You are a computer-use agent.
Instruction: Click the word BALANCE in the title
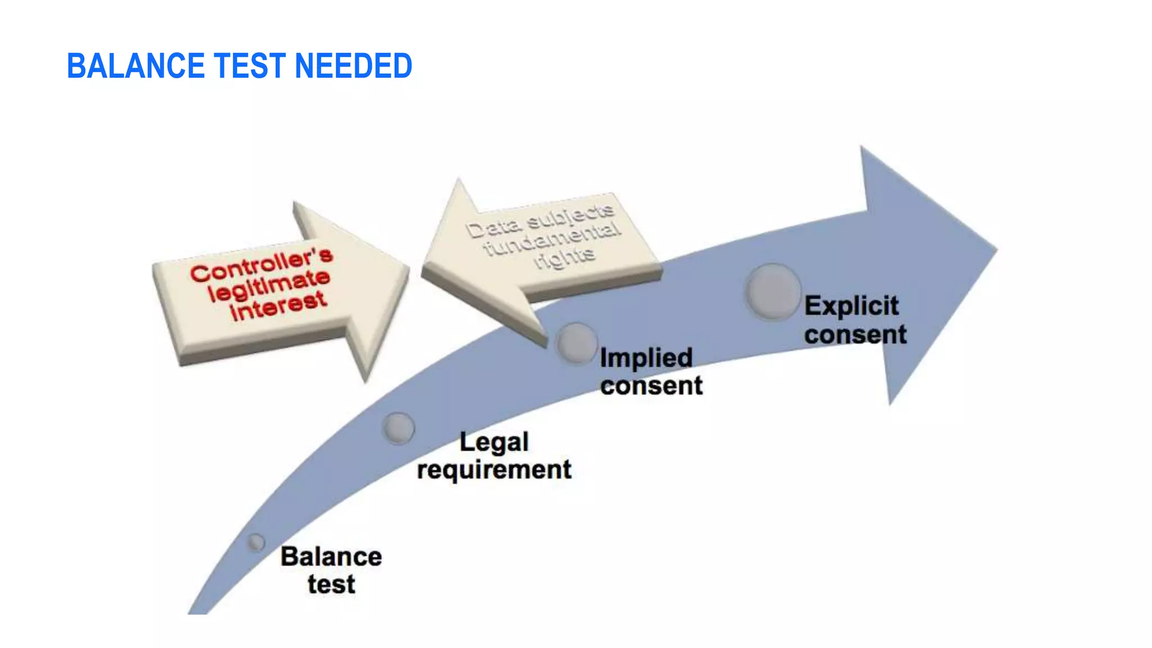[x=136, y=66]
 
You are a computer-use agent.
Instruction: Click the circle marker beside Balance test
[x=256, y=542]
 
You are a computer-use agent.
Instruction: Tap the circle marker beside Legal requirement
[x=398, y=428]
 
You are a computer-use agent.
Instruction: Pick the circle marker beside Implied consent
[x=577, y=343]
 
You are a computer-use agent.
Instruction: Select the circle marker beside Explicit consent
[x=773, y=291]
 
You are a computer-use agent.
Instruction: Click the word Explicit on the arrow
[x=851, y=306]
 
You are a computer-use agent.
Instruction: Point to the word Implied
[x=646, y=358]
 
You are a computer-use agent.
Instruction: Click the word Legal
[x=494, y=442]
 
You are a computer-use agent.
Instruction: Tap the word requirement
[x=494, y=470]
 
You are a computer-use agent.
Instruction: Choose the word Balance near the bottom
[x=331, y=557]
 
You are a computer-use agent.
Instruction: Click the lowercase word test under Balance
[x=331, y=584]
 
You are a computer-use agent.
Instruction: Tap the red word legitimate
[x=268, y=285]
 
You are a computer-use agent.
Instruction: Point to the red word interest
[x=278, y=306]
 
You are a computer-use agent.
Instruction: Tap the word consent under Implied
[x=651, y=386]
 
